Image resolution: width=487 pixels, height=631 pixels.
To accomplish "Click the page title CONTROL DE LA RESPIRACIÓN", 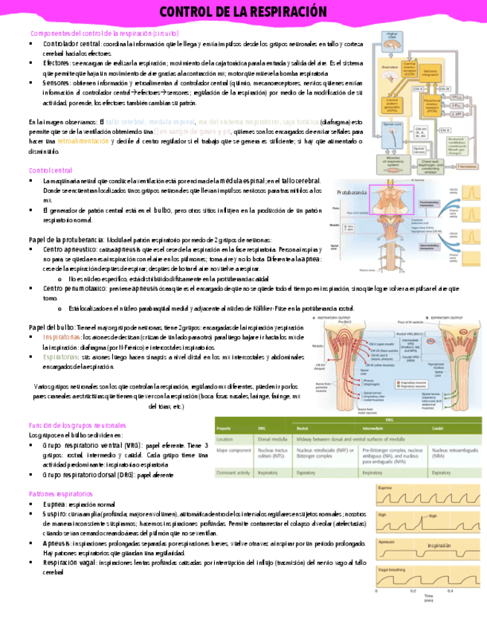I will tap(243, 12).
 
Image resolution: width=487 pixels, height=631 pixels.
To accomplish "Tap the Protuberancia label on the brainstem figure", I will tap(352, 192).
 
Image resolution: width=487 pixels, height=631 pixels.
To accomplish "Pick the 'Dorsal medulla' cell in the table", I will tap(271, 440).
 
